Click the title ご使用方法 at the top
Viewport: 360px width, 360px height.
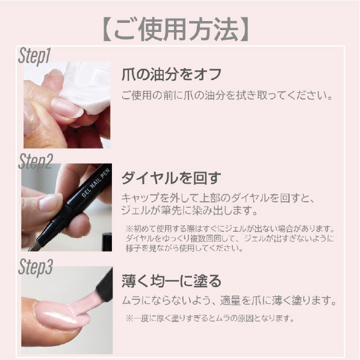176,29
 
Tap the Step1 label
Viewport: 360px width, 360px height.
34,56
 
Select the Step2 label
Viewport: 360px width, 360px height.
36,161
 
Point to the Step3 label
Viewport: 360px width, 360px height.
36,267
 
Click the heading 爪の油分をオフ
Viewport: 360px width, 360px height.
172,75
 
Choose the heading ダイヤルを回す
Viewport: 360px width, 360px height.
172,178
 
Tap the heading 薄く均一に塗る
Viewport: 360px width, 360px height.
172,281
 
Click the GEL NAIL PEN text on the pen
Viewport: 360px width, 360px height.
96,183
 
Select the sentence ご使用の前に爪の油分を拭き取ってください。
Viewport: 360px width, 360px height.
227,96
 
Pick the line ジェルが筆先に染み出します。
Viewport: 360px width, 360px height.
190,211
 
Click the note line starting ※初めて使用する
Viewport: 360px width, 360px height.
230,229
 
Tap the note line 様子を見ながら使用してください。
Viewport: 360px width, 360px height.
184,248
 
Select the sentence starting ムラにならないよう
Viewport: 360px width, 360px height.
229,300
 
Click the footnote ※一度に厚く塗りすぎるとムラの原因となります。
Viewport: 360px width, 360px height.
210,318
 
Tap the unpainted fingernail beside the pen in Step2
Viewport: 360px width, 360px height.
51,202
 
